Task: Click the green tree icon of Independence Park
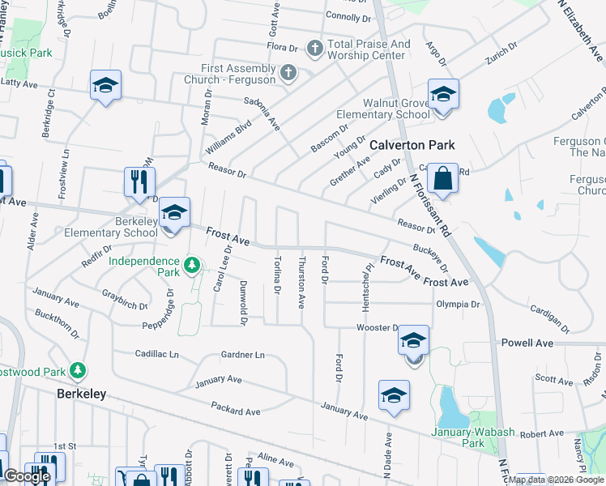192,265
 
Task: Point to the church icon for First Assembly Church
287,75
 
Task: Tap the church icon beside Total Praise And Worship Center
314,49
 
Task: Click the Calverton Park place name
412,145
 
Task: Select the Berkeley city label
81,394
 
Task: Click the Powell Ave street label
527,343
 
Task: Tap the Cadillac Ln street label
156,354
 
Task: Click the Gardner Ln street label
242,355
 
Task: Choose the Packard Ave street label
235,411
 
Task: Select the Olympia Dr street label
458,305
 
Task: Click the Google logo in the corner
27,476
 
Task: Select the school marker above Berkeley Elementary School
174,213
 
